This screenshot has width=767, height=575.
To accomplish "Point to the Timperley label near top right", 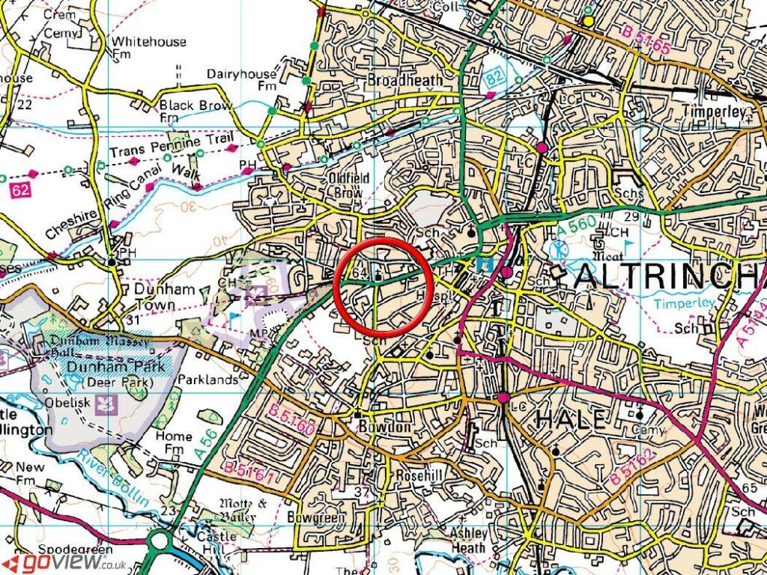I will (x=715, y=112).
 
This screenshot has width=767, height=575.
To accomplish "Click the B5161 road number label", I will (x=247, y=472).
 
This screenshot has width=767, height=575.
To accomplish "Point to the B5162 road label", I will (x=634, y=468).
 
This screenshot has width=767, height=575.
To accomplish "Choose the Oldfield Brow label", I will (x=346, y=186).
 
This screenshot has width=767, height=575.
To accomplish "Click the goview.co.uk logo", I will (x=64, y=562).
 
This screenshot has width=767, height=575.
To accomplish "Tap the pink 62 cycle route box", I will (x=20, y=192).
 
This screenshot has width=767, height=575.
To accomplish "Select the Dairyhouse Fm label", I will (x=242, y=80).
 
